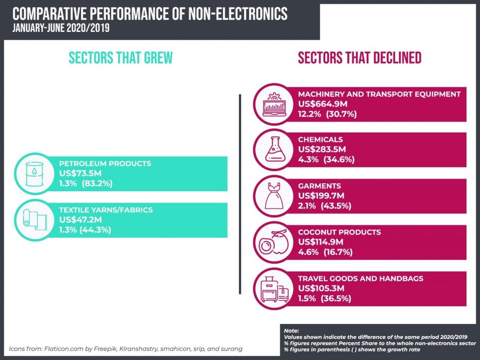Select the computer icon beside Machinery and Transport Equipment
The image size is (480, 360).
click(274, 104)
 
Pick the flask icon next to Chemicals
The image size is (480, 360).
click(274, 150)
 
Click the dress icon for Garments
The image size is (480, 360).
click(274, 195)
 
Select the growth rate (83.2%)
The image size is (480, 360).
click(97, 183)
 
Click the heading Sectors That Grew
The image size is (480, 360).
click(120, 58)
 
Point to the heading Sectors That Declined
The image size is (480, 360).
click(360, 58)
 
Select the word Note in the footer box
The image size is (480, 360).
click(291, 330)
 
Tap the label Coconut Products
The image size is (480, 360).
click(339, 232)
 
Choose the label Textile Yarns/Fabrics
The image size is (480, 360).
click(105, 210)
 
